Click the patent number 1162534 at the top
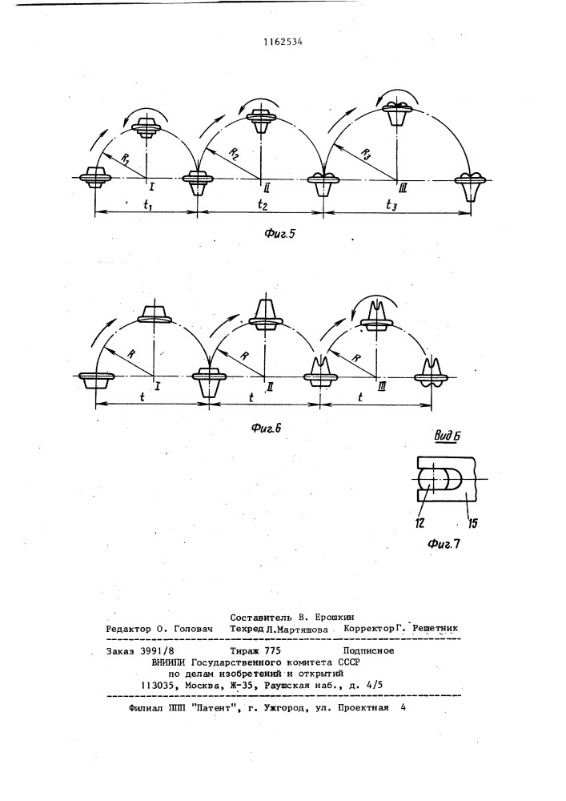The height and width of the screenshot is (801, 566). click(283, 42)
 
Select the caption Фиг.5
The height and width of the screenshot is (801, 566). click(280, 234)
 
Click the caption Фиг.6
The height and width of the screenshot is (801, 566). click(267, 428)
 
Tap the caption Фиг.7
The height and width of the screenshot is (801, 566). click(444, 544)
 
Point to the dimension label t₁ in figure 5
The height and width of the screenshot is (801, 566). click(147, 205)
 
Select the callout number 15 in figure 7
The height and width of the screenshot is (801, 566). click(472, 522)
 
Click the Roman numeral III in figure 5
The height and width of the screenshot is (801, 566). click(403, 190)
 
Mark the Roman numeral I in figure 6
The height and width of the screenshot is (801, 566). click(158, 386)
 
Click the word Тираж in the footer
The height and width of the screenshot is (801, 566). click(245, 650)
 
